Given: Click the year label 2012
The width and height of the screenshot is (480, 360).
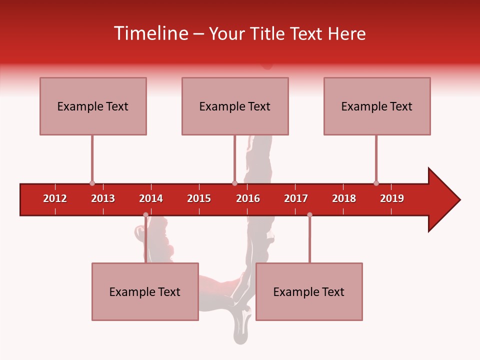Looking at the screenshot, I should pos(55,198).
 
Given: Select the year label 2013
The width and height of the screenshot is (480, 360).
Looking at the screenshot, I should pos(103,198).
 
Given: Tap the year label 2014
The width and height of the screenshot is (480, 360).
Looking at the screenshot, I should pos(151,198).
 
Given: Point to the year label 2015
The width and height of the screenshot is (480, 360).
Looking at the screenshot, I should pos(199,198).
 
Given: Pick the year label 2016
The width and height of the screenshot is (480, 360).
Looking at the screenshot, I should pos(248,198).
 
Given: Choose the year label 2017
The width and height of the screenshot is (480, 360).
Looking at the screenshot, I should pos(296,198).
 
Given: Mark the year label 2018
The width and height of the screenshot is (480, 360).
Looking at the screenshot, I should pos(344,198).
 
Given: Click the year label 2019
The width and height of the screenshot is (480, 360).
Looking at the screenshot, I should pos(392,198).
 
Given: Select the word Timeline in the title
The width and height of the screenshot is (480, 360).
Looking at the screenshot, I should pos(150,33).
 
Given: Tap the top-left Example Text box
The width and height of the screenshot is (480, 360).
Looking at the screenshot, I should pos(93,106).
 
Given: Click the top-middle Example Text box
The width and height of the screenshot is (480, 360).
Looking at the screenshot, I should pos(235,106).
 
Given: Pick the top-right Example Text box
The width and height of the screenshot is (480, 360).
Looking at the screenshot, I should pos(377,106).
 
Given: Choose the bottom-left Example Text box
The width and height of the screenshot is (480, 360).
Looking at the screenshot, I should pos(145,291).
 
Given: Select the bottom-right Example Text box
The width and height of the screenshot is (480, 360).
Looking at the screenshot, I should pos(309,291).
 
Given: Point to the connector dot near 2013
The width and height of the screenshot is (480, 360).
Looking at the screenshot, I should pos(92,183).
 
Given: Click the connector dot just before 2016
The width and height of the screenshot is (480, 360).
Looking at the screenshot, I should pos(234,183).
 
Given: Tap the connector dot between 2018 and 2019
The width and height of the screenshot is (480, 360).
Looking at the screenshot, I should pos(376,183).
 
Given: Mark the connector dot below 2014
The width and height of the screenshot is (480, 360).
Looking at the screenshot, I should pos(145,215).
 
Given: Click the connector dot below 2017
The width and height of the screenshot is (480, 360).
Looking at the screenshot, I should pos(309,215).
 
